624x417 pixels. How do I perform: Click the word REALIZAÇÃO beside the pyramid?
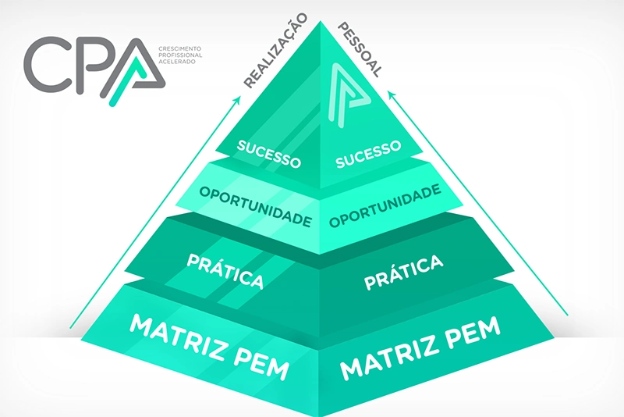[275, 51]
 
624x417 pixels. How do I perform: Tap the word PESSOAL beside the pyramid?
[360, 50]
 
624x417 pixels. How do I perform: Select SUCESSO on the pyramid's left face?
[268, 154]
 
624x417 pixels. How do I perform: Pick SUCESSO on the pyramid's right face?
[368, 154]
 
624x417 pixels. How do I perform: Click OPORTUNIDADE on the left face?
[256, 206]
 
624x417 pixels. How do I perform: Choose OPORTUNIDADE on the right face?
[385, 205]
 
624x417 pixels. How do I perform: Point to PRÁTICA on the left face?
[225, 271]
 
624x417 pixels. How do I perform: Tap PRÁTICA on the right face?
[403, 272]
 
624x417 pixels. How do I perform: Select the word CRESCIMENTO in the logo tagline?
[180, 48]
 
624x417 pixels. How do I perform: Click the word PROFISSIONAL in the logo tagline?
[180, 55]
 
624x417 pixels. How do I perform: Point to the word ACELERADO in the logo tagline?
[177, 62]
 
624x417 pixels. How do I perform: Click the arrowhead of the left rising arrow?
[239, 98]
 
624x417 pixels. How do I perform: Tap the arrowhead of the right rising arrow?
[392, 95]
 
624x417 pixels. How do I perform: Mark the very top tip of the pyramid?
[321, 21]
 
